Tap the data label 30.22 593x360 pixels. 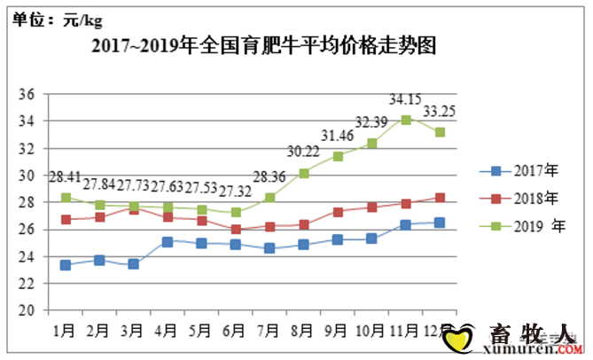303,152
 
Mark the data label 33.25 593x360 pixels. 440,112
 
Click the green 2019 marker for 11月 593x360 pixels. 406,119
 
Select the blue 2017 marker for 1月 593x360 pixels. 66,265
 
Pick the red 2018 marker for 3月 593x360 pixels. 134,209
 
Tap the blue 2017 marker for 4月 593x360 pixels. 168,241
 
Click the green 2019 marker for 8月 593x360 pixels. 304,173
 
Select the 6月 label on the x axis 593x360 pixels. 235,331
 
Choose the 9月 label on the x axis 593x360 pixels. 337,331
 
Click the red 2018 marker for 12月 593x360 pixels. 441,199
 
